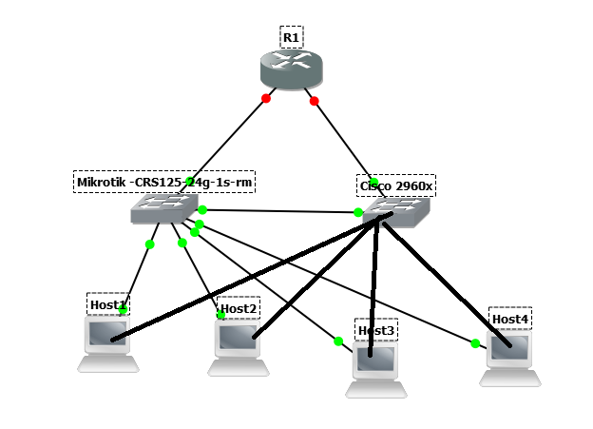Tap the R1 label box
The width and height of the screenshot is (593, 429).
tap(292, 38)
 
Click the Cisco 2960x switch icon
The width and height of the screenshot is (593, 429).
tap(395, 213)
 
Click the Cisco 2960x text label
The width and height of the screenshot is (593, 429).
tap(396, 185)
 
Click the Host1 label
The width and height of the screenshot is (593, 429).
tap(107, 304)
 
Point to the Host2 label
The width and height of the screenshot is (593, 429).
tap(239, 308)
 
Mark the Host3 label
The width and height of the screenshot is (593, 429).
tap(376, 330)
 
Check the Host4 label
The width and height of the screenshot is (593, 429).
tap(510, 319)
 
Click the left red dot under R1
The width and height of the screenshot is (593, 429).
tap(266, 98)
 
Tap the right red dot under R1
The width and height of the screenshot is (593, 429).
tap(315, 101)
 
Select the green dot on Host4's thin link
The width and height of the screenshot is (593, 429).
tap(475, 343)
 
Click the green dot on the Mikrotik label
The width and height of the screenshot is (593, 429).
tap(191, 181)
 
